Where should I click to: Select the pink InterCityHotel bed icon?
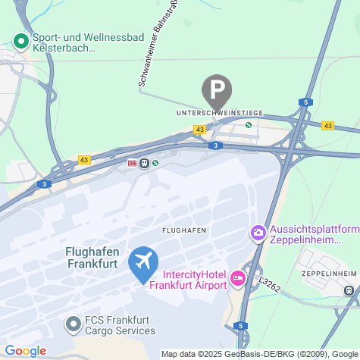coord(237,279)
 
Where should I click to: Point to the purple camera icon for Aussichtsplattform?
coord(258,232)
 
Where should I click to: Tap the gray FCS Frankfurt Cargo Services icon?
coord(74,325)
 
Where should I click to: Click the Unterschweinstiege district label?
coord(219,112)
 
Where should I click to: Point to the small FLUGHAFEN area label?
coord(185,229)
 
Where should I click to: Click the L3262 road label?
coord(269,284)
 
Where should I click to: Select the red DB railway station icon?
coord(133,162)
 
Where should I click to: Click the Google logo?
coord(25,351)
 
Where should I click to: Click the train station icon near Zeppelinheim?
coord(349,290)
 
